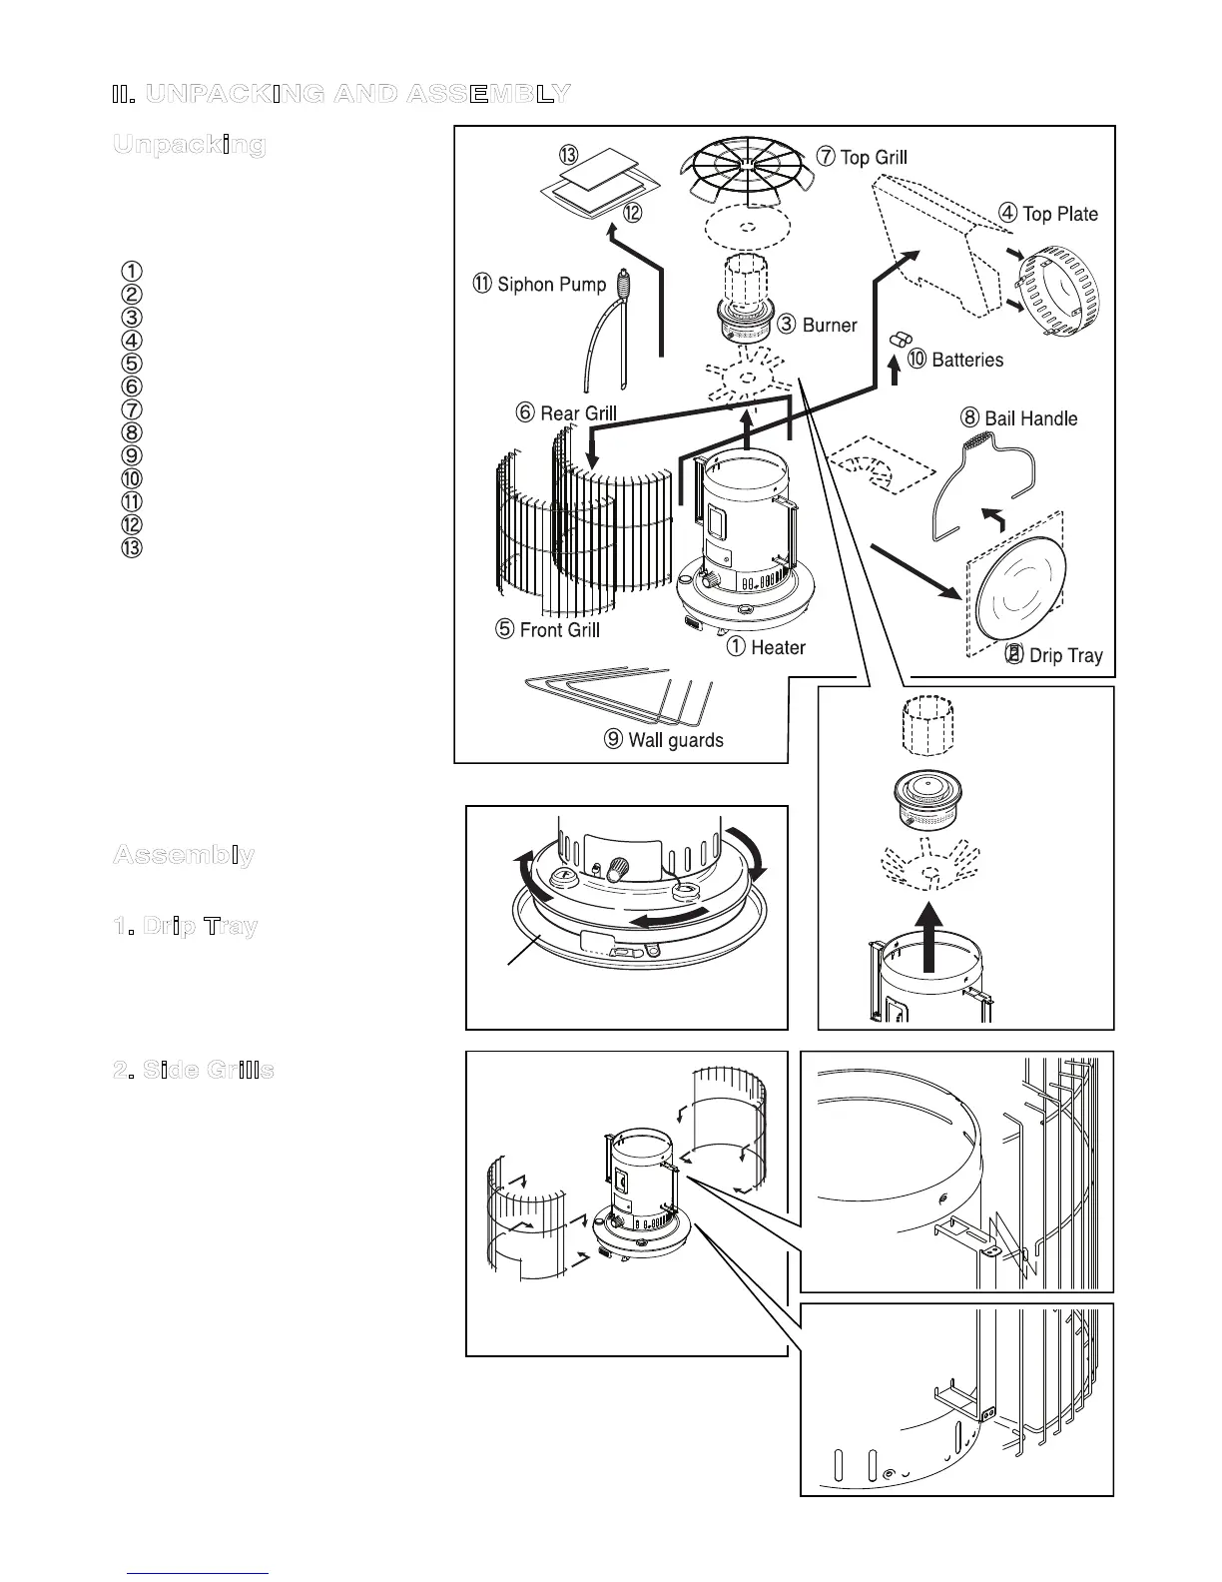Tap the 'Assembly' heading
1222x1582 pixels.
pyautogui.click(x=184, y=856)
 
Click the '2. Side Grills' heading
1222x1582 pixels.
pyautogui.click(x=194, y=1071)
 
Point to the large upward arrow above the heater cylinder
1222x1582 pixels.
pyautogui.click(x=929, y=937)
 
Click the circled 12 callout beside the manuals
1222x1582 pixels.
pyautogui.click(x=632, y=213)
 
